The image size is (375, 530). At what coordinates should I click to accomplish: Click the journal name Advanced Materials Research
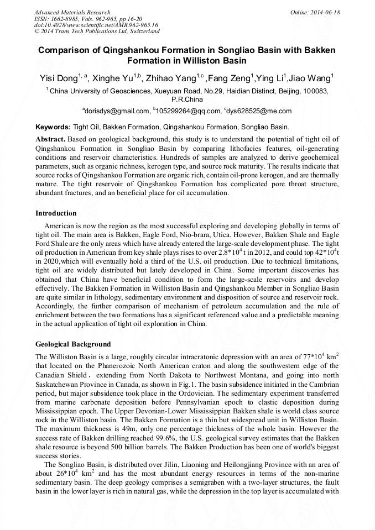coord(72,12)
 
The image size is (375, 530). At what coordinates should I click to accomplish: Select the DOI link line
coord(96,25)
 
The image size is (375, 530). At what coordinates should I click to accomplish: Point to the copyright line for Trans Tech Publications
coord(97,32)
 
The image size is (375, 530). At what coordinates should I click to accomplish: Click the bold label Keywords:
coord(53,127)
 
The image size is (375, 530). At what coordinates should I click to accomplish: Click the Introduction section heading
coord(56,213)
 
